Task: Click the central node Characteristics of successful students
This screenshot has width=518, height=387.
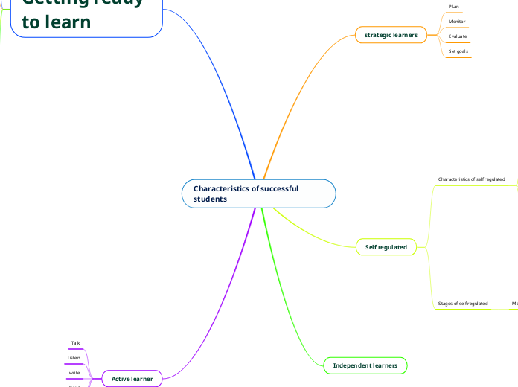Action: (258, 193)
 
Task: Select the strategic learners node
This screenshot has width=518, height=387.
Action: (391, 35)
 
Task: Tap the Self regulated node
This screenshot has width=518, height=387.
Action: (386, 246)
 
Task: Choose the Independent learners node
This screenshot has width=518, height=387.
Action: (365, 365)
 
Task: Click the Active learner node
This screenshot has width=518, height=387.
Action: (132, 379)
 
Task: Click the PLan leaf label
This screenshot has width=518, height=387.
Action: (454, 7)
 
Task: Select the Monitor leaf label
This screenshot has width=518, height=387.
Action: (457, 22)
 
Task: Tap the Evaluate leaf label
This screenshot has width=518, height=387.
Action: (458, 36)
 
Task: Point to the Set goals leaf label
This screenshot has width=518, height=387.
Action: (458, 51)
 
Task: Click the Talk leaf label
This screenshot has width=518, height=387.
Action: (75, 343)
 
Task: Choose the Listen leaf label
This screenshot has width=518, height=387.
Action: (74, 358)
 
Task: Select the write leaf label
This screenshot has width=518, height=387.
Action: (74, 372)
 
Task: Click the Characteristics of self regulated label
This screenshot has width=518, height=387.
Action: (471, 179)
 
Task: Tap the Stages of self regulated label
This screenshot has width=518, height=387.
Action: (462, 304)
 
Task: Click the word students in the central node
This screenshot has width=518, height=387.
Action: (210, 199)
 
